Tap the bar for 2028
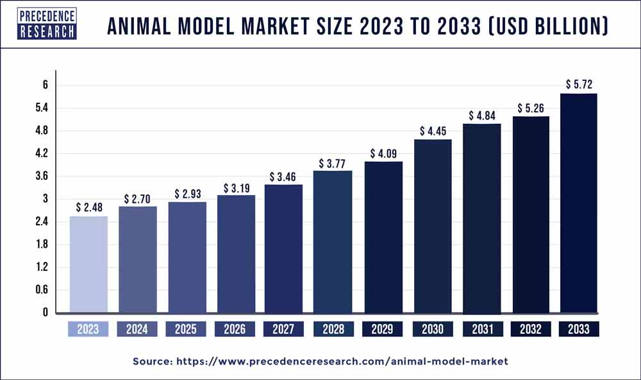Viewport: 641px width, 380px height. click(x=333, y=241)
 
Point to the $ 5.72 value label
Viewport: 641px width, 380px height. click(x=578, y=84)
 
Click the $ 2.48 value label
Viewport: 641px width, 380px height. click(x=88, y=207)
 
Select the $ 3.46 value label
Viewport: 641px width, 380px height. click(x=283, y=175)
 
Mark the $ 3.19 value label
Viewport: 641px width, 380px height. click(x=235, y=188)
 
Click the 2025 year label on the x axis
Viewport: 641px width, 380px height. click(x=186, y=329)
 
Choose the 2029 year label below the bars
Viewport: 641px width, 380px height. click(x=382, y=329)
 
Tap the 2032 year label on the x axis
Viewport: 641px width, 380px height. click(x=529, y=329)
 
